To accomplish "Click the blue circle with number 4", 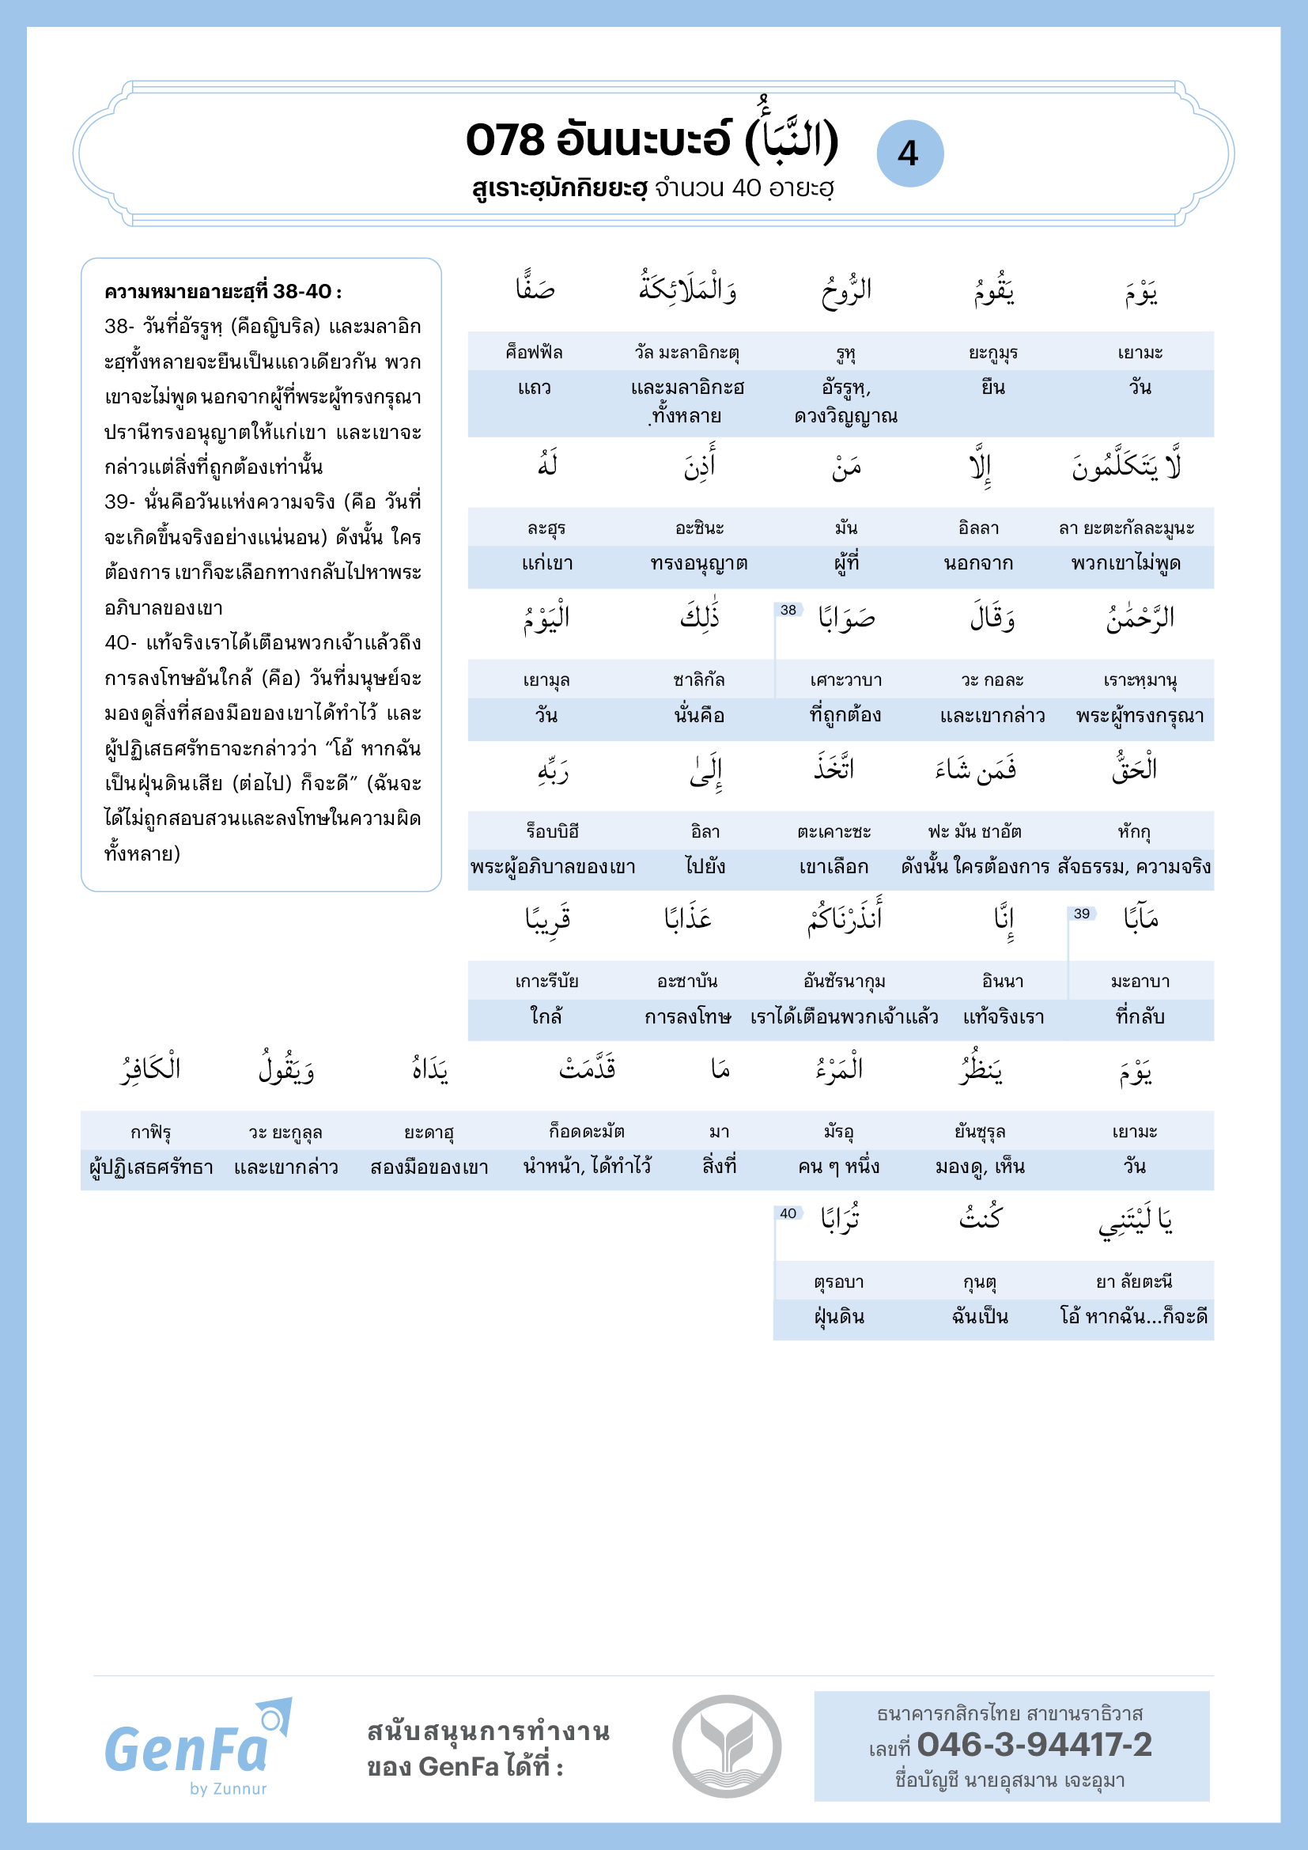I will [909, 153].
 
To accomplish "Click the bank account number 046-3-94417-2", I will [1034, 1745].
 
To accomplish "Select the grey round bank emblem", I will [727, 1746].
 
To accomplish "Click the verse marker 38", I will [788, 610].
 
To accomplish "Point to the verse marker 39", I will [1082, 914].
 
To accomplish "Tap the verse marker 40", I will [788, 1213].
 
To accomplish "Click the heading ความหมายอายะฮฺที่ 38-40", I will [223, 292].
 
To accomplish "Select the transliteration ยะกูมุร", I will [993, 353].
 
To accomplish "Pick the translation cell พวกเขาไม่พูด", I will [1126, 563].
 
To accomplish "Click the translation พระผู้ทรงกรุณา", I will [1140, 716].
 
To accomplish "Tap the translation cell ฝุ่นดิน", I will [839, 1317].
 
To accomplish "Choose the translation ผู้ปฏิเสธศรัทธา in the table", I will [151, 1167].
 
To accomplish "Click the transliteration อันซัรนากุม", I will [844, 982].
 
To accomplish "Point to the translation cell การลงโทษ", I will [688, 1017].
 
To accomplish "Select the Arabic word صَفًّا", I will [535, 288].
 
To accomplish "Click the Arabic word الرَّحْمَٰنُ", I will [1140, 617].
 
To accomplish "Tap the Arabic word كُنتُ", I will [980, 1217].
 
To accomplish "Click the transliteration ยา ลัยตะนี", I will [1134, 1281].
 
